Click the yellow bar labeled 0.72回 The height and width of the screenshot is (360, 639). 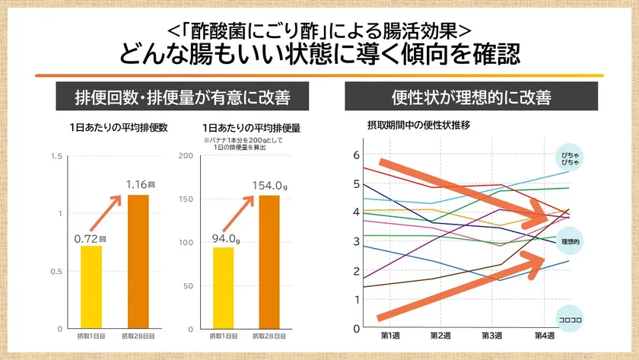[x=91, y=287]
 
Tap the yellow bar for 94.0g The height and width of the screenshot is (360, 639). [x=223, y=288]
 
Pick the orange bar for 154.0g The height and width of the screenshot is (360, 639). [x=269, y=262]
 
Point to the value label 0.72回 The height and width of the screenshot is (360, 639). [x=90, y=238]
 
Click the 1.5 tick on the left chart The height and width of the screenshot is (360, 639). [x=52, y=156]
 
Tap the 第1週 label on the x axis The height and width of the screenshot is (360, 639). [x=390, y=336]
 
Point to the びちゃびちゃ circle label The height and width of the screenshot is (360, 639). [x=570, y=157]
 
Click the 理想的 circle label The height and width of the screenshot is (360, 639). [x=571, y=241]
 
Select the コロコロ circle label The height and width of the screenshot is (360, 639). [x=570, y=319]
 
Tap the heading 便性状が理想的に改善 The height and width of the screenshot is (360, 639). [x=471, y=98]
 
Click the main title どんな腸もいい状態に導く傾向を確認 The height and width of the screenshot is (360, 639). [x=319, y=55]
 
